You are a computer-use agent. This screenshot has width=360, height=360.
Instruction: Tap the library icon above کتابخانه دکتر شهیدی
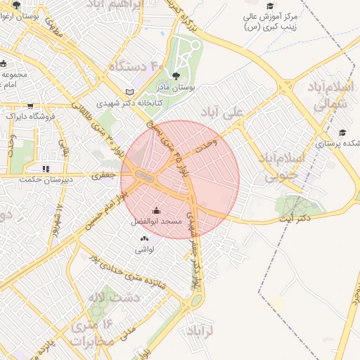coord(129,91)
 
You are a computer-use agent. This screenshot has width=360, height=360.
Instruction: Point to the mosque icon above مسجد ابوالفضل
coord(156,210)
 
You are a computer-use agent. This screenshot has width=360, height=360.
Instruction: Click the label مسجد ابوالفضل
coord(156,221)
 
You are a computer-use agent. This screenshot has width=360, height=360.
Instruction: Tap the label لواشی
coord(144,249)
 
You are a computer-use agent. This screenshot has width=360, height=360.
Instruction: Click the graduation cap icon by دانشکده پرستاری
coord(342,132)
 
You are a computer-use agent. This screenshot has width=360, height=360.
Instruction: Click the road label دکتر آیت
coord(296,220)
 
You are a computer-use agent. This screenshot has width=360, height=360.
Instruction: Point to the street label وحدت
coord(207,143)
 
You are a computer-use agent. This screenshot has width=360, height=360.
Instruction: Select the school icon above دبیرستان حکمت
coord(46,169)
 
